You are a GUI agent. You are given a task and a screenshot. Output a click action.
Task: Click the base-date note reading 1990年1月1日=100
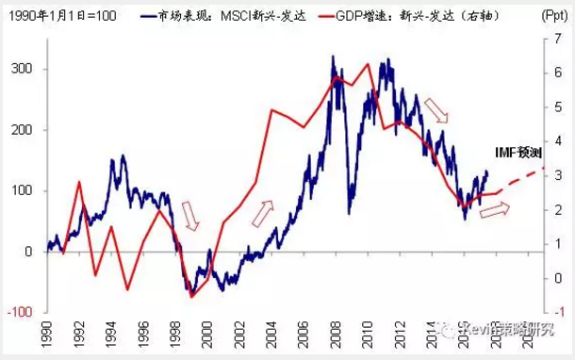coord(58,16)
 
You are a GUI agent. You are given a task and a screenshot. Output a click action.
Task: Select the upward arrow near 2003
coord(263,212)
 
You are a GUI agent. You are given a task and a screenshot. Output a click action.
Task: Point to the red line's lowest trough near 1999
coord(191,296)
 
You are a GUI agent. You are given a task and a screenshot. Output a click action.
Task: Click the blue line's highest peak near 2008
coord(333,57)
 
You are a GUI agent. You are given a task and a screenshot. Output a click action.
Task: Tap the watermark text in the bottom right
coord(509,329)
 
